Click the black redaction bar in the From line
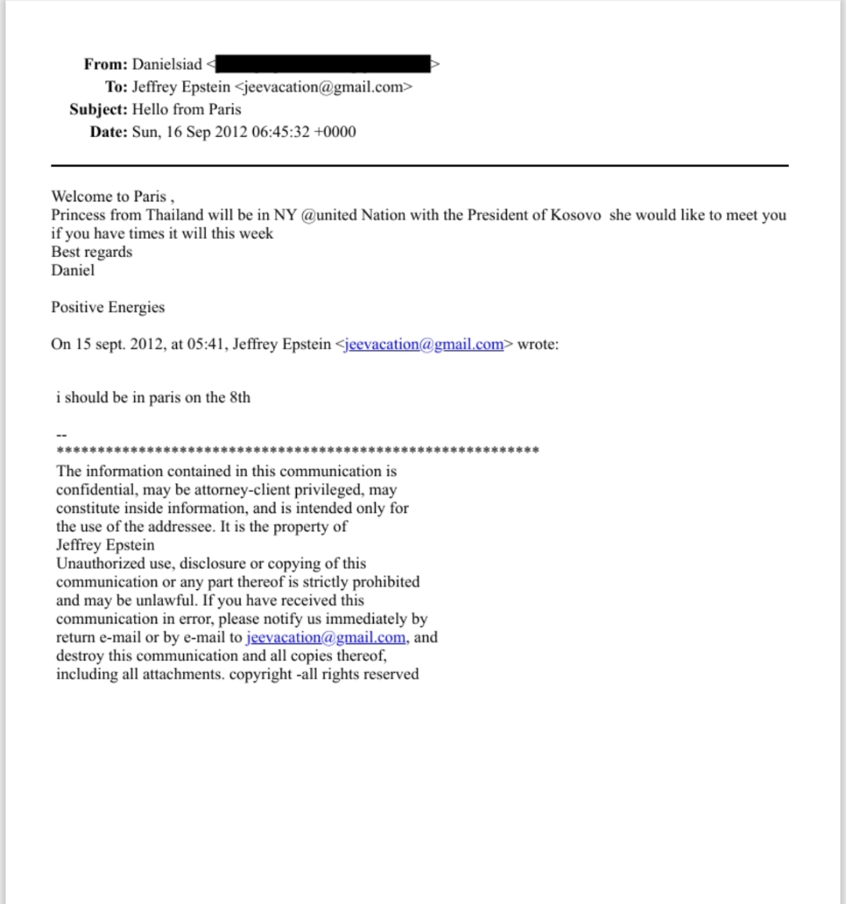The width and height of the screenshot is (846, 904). [x=322, y=64]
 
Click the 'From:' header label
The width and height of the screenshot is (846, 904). [x=106, y=64]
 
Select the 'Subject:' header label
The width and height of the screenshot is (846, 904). [x=98, y=110]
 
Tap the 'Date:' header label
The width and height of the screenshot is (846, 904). [x=109, y=132]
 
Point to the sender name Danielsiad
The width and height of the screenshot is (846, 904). [x=167, y=64]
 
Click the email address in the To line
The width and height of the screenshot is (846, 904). [x=323, y=87]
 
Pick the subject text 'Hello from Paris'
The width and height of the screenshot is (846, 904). [x=186, y=110]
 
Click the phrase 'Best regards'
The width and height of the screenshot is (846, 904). [x=92, y=252]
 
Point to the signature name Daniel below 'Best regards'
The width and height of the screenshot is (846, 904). [x=73, y=270]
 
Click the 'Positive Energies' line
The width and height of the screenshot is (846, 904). [x=108, y=307]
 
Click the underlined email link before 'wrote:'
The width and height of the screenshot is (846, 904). [x=423, y=345]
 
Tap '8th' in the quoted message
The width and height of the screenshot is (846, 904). [x=240, y=398]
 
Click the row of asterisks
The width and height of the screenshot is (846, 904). [x=298, y=451]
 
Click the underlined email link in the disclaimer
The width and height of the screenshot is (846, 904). [x=326, y=638]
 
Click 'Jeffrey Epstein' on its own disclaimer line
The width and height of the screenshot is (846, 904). [x=105, y=545]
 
